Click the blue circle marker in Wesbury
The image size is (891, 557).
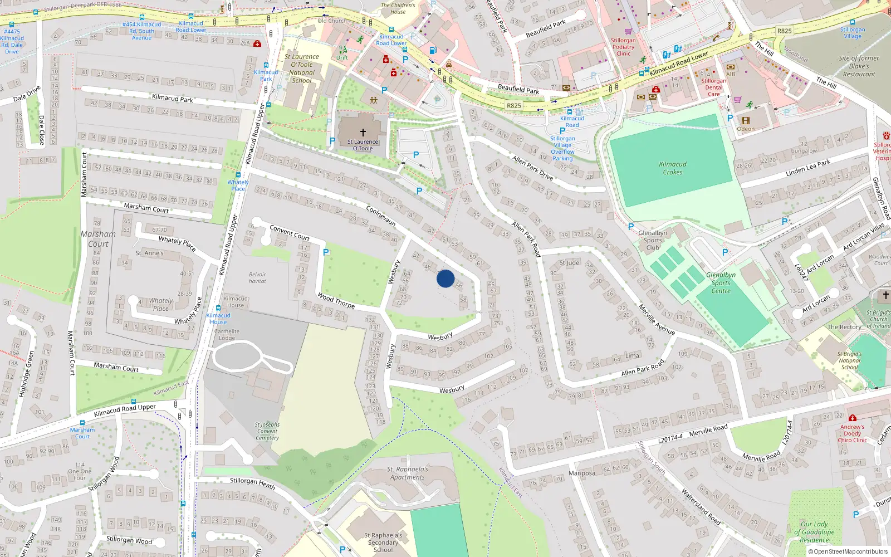tap(445, 278)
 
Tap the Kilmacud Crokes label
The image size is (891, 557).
tap(673, 168)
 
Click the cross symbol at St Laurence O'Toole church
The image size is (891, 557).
tap(363, 133)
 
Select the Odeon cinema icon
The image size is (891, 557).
tap(746, 120)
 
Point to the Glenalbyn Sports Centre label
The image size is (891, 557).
tap(721, 283)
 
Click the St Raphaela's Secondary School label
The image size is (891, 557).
tap(383, 543)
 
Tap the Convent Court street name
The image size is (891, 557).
tap(290, 232)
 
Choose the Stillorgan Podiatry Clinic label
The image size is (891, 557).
tap(623, 47)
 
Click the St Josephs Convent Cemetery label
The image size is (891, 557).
tap(267, 431)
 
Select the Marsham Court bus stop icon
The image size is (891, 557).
tap(82, 423)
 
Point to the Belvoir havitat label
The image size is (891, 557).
tap(257, 278)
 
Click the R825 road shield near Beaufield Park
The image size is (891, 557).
tap(513, 105)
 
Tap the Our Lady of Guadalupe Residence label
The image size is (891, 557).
tap(814, 532)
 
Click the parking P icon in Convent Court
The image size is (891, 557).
tap(326, 252)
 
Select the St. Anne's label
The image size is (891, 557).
tap(150, 253)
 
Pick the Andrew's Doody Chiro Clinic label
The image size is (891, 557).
tap(853, 433)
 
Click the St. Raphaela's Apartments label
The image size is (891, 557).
tap(408, 473)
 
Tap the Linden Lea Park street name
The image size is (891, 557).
tap(807, 168)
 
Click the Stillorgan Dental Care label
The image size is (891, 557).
tap(714, 87)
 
